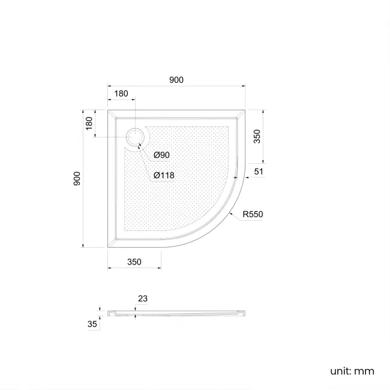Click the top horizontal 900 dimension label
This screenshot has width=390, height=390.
pyautogui.click(x=176, y=80)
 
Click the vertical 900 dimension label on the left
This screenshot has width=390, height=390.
pyautogui.click(x=77, y=178)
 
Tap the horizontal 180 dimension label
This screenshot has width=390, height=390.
pyautogui.click(x=121, y=94)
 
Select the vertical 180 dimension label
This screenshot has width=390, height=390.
pyautogui.click(x=89, y=124)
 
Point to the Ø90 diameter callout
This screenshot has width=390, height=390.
pyautogui.click(x=161, y=155)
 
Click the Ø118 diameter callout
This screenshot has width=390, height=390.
pyautogui.click(x=163, y=175)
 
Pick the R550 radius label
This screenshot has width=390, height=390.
pyautogui.click(x=253, y=214)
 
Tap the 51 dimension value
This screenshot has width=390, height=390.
pyautogui.click(x=259, y=172)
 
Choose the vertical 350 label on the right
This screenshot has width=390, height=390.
pyautogui.click(x=257, y=136)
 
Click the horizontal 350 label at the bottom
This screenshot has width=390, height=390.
pyautogui.click(x=134, y=262)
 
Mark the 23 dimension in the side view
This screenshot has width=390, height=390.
pyautogui.click(x=142, y=298)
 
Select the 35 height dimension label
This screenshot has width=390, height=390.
pyautogui.click(x=92, y=324)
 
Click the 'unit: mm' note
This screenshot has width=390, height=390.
pyautogui.click(x=352, y=371)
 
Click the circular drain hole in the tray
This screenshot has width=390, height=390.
pyautogui.click(x=135, y=137)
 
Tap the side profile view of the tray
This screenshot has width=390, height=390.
pyautogui.click(x=177, y=313)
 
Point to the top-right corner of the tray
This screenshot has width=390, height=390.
pyautogui.click(x=245, y=110)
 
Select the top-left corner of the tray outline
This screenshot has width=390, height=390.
pyautogui.click(x=108, y=110)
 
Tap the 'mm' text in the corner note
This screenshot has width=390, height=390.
pyautogui.click(x=364, y=371)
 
